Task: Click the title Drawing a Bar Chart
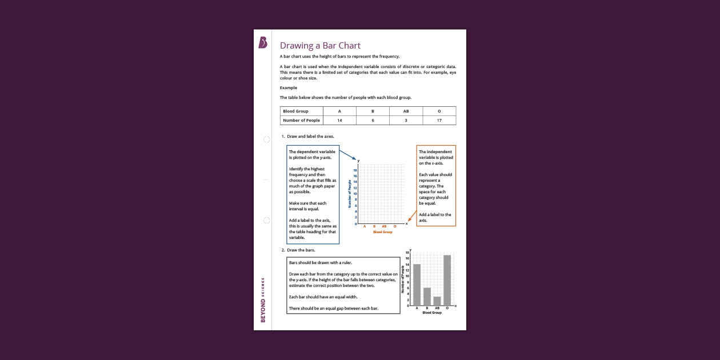pyautogui.click(x=320, y=46)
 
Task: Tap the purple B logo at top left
pyautogui.click(x=263, y=43)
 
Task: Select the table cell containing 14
pyautogui.click(x=339, y=121)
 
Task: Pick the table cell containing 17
pyautogui.click(x=439, y=121)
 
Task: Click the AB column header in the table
pyautogui.click(x=406, y=111)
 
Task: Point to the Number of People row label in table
pyautogui.click(x=301, y=121)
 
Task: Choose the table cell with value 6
pyautogui.click(x=373, y=121)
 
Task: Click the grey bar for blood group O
pyautogui.click(x=447, y=280)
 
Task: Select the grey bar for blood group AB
pyautogui.click(x=437, y=301)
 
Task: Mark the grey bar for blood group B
pyautogui.click(x=427, y=296)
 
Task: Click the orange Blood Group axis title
pyautogui.click(x=382, y=232)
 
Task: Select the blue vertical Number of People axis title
pyautogui.click(x=350, y=194)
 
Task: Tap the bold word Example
pyautogui.click(x=288, y=87)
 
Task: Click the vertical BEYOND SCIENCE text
pyautogui.click(x=263, y=300)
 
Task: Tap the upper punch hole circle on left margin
pyautogui.click(x=266, y=139)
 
